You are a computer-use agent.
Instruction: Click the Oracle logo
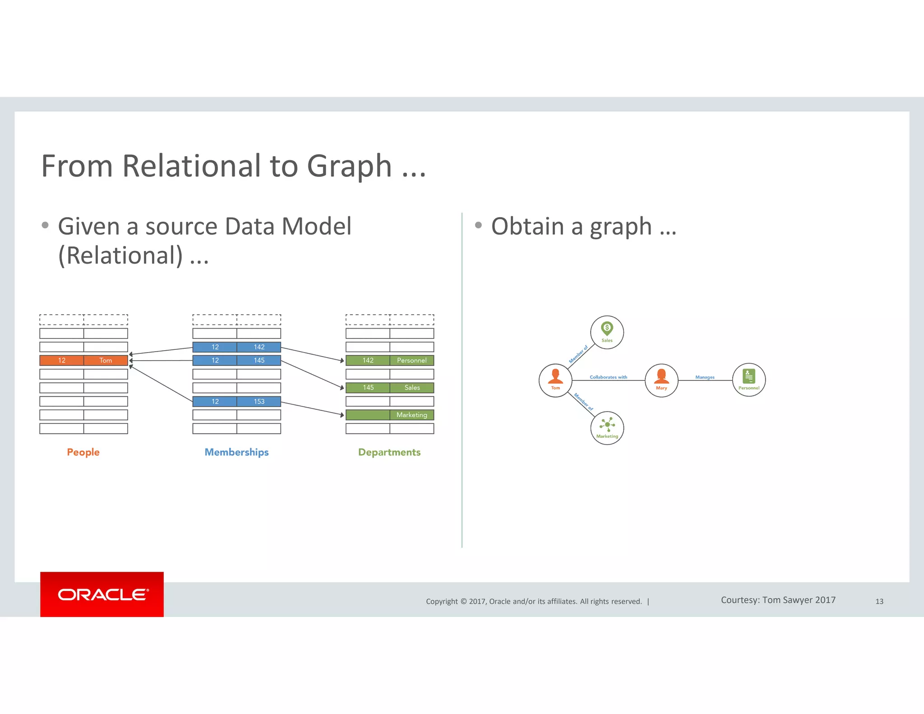102,594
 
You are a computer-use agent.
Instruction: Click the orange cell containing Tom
106,360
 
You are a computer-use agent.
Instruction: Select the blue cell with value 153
259,401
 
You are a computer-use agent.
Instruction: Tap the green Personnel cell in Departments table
411,360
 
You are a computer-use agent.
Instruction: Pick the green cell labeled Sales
411,388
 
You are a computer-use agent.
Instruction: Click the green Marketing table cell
411,415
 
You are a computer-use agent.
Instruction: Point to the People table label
83,452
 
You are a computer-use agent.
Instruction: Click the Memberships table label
236,452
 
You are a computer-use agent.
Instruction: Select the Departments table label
389,452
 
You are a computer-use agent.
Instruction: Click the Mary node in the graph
661,380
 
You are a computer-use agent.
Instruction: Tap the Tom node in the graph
555,380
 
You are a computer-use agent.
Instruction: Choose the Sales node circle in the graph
607,332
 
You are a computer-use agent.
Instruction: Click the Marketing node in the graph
607,428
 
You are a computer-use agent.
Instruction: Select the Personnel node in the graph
749,380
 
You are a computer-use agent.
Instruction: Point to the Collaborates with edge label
608,377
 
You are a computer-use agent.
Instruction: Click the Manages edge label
705,377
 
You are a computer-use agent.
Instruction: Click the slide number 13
879,601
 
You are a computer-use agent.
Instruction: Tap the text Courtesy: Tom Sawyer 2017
778,600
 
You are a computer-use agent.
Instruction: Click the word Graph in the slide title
349,166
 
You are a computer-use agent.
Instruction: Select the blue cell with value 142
259,347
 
